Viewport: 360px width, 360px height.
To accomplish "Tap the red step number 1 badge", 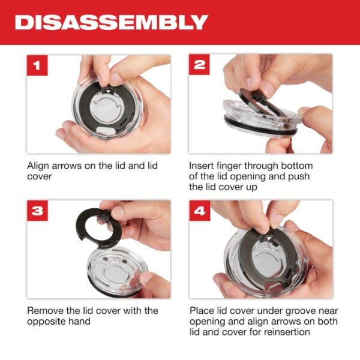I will point(37,65).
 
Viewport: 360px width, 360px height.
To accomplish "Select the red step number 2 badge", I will point(200,65).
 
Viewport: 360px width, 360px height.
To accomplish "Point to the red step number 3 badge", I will point(37,212).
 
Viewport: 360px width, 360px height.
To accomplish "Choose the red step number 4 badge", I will point(200,212).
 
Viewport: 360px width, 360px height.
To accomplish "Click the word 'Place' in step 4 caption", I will point(202,310).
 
